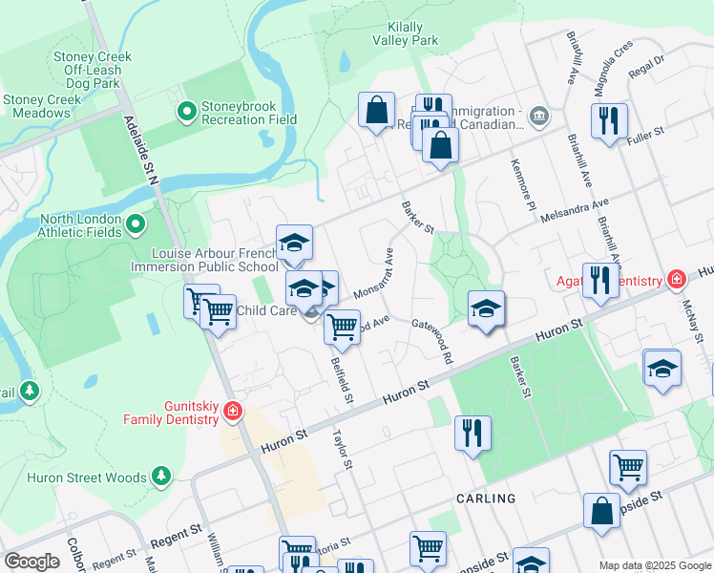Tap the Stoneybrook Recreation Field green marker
[x=187, y=114]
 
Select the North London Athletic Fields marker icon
[x=135, y=225]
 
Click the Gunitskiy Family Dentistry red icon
[x=232, y=412]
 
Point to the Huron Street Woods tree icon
[x=161, y=475]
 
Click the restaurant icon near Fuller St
[x=608, y=121]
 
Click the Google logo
[x=31, y=561]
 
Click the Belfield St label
[x=342, y=378]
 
